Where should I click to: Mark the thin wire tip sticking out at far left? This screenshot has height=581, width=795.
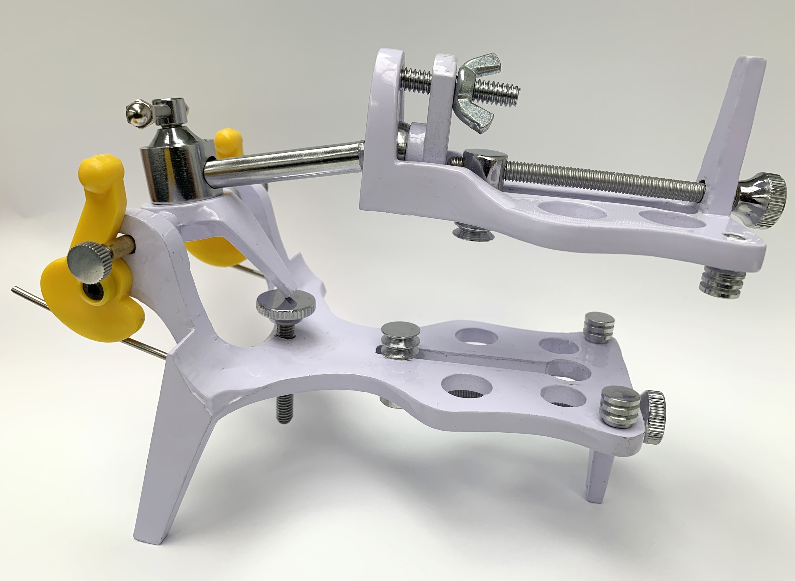(16, 290)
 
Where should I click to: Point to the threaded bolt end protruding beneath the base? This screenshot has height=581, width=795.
(284, 410)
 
